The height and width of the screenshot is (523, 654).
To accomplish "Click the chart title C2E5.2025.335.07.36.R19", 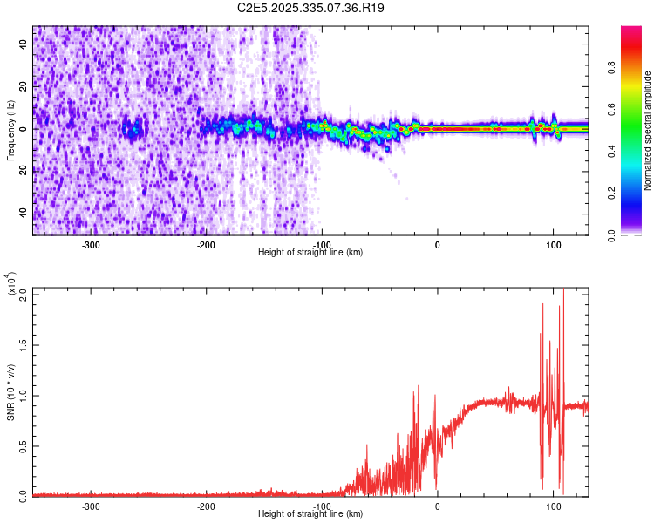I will click(311, 8).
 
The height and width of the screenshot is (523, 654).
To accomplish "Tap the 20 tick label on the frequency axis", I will click(24, 87).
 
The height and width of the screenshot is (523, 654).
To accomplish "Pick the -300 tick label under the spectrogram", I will click(92, 245).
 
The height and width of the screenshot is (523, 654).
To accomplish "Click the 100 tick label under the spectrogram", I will click(553, 245).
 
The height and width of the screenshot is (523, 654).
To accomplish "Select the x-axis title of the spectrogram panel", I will click(310, 253).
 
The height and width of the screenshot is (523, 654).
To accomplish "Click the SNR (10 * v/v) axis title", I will click(11, 391).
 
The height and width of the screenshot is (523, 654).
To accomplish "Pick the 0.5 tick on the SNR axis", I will click(24, 445).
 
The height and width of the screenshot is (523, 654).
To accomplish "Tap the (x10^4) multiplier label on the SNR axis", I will click(11, 285).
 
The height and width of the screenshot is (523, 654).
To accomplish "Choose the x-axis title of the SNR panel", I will click(310, 514).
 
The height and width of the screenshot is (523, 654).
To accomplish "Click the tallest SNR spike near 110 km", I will click(563, 291).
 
